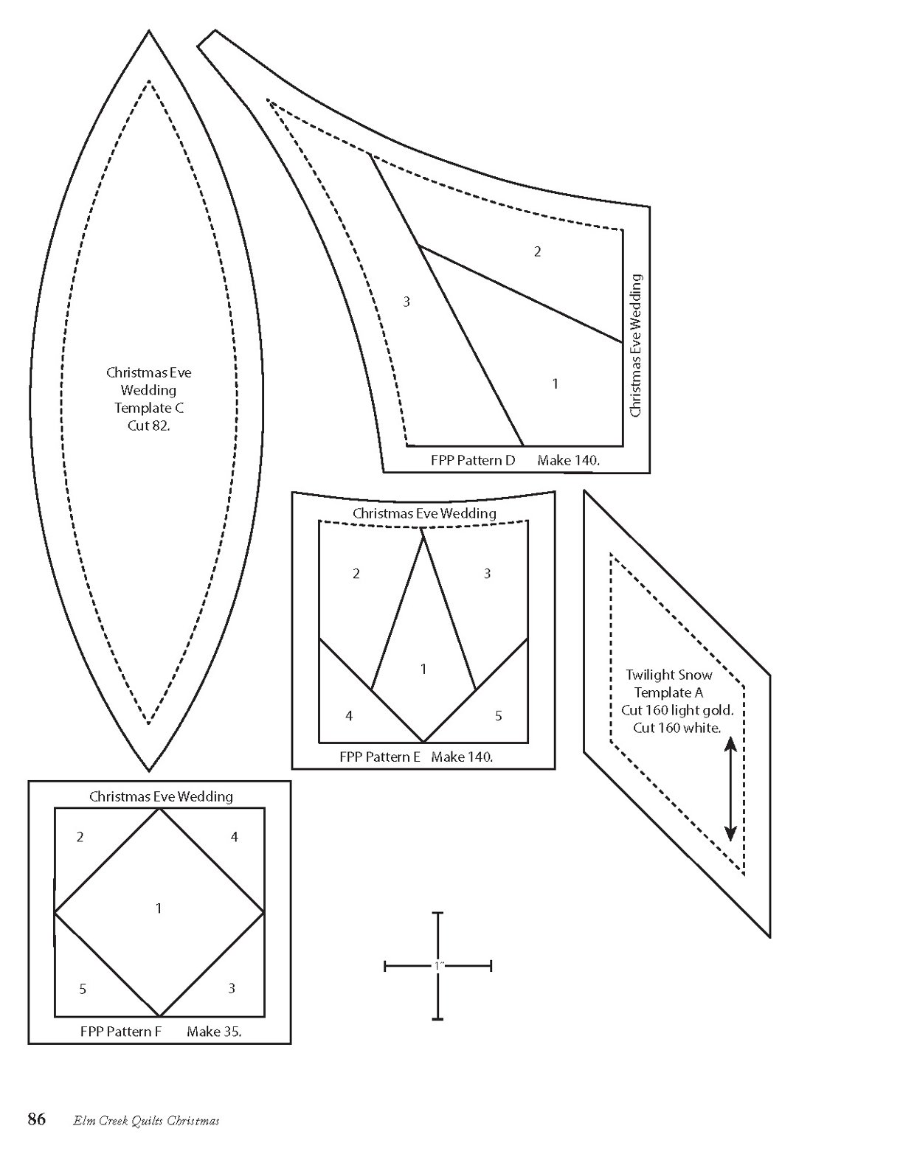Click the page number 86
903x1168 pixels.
pos(37,1120)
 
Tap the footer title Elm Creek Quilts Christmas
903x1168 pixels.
pos(146,1122)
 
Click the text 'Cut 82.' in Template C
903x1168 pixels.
pos(148,426)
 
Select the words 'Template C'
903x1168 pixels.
pos(149,408)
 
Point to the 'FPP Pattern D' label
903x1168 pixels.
pos(473,461)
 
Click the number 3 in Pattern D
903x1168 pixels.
pos(406,302)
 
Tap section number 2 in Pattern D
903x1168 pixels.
pos(537,251)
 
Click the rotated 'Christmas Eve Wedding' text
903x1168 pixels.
pos(636,346)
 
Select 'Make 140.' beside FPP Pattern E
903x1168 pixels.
pos(462,757)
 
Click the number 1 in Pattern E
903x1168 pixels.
pos(423,670)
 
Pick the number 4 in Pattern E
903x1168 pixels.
pos(349,716)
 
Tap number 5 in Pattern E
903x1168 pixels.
pos(499,716)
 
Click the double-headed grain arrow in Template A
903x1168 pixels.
pos(730,788)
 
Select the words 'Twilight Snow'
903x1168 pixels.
pos(669,675)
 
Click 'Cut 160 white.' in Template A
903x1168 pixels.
pos(677,728)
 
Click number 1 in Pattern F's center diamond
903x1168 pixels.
pos(159,908)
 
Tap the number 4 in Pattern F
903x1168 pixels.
pos(235,837)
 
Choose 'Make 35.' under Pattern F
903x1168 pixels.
pos(214,1032)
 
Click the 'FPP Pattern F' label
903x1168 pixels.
pos(120,1032)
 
